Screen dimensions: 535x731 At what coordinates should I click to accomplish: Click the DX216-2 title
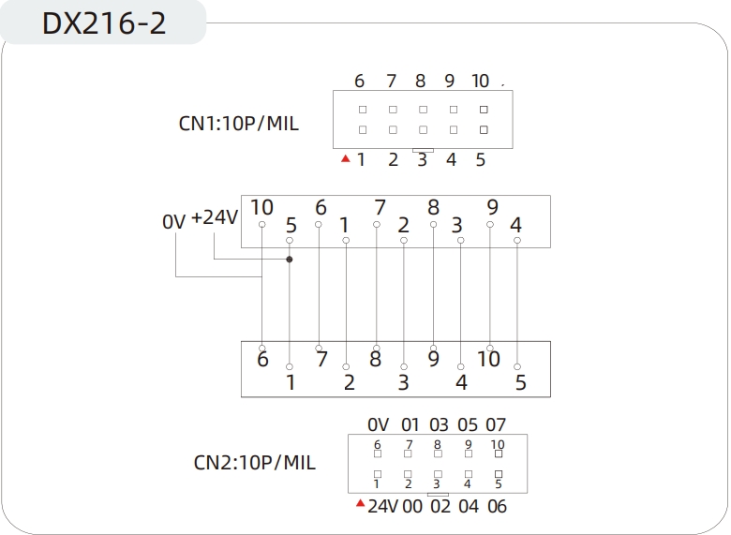[x=104, y=23]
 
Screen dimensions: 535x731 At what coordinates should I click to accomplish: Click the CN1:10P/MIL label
[x=239, y=123]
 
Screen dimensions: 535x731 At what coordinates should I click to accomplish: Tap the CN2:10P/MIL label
[x=254, y=462]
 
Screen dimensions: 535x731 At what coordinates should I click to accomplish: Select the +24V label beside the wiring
[x=216, y=217]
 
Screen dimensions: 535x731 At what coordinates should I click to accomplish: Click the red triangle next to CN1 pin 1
[x=346, y=159]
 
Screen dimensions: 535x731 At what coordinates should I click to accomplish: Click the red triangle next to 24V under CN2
[x=359, y=504]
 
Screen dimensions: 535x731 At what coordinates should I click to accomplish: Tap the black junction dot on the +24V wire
[x=290, y=260]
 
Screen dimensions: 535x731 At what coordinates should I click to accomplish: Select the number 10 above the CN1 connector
[x=480, y=82]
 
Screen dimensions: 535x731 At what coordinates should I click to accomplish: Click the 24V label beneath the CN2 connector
[x=382, y=507]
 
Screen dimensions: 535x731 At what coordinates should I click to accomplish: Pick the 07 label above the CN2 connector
[x=496, y=425]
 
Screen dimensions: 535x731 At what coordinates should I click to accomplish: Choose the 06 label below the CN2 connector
[x=497, y=507]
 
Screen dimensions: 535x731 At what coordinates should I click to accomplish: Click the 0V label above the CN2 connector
[x=378, y=425]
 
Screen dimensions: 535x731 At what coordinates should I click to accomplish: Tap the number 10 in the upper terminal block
[x=261, y=208]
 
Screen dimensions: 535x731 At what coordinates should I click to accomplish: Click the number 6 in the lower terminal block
[x=262, y=359]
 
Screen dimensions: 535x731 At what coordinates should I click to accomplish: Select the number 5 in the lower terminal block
[x=520, y=382]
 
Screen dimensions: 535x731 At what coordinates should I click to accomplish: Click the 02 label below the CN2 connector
[x=440, y=507]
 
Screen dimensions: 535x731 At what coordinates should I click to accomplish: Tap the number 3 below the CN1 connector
[x=422, y=160]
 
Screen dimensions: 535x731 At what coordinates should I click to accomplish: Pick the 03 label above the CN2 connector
[x=438, y=425]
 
